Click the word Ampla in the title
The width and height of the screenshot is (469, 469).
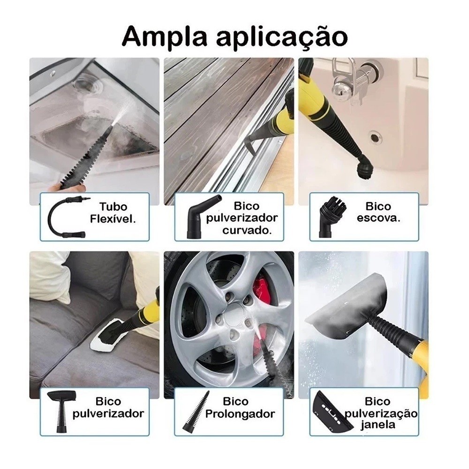click(x=164, y=37)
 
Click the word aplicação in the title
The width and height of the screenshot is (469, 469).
click(x=282, y=38)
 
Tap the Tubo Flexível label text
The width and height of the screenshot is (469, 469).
click(x=113, y=212)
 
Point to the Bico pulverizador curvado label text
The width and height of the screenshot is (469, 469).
click(x=242, y=218)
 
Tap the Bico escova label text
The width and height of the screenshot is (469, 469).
click(x=378, y=212)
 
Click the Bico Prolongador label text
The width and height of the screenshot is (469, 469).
click(x=240, y=408)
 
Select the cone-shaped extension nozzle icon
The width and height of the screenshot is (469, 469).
click(x=196, y=411)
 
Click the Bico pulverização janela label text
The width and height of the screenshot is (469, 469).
click(x=381, y=413)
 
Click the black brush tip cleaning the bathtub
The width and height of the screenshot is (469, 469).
click(x=365, y=169)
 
